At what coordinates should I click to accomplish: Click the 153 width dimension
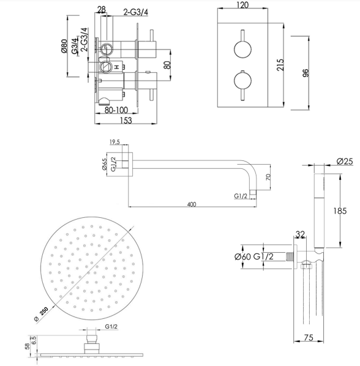coord(126,120)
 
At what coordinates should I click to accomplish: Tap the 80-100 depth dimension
coord(116,110)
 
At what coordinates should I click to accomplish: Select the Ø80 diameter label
coord(64,46)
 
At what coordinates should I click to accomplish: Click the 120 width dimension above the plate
coord(242,5)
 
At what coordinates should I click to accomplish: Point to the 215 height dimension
coord(280,65)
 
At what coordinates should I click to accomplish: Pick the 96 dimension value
coord(306,73)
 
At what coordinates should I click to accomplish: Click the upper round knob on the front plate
coord(242,49)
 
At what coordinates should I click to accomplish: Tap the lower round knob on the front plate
coord(242,81)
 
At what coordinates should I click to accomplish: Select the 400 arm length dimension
coord(192,204)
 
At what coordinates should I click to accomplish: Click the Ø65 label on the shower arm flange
coord(104,164)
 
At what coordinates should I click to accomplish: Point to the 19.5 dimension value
coord(114,142)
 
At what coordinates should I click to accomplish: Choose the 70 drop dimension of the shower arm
coord(268,177)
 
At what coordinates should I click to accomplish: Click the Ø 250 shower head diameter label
coord(41,314)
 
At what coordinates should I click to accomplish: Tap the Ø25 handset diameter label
coord(345,162)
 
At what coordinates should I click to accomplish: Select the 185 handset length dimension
coord(340,211)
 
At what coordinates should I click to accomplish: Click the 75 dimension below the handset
coord(309,337)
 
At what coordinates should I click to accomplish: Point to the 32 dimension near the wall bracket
coord(300,234)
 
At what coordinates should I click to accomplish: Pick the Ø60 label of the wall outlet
coord(242,256)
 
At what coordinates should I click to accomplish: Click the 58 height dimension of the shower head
coord(27,346)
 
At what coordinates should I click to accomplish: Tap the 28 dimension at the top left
coord(101,9)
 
